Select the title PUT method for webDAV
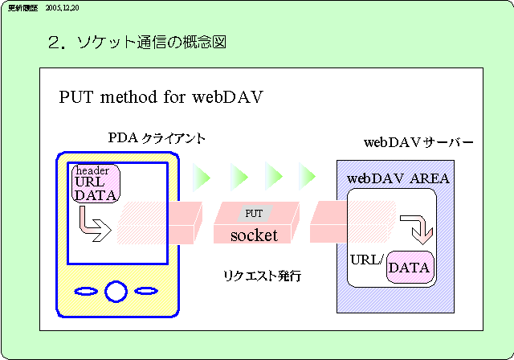click(x=161, y=98)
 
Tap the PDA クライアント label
click(x=157, y=138)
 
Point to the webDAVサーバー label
click(x=418, y=143)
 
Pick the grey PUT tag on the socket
click(x=254, y=213)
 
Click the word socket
click(x=254, y=235)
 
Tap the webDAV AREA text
click(x=398, y=178)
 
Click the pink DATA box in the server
click(x=410, y=266)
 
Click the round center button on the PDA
click(x=116, y=290)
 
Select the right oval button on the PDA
click(x=147, y=290)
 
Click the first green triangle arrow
click(x=202, y=174)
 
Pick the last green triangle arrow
click(x=307, y=174)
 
